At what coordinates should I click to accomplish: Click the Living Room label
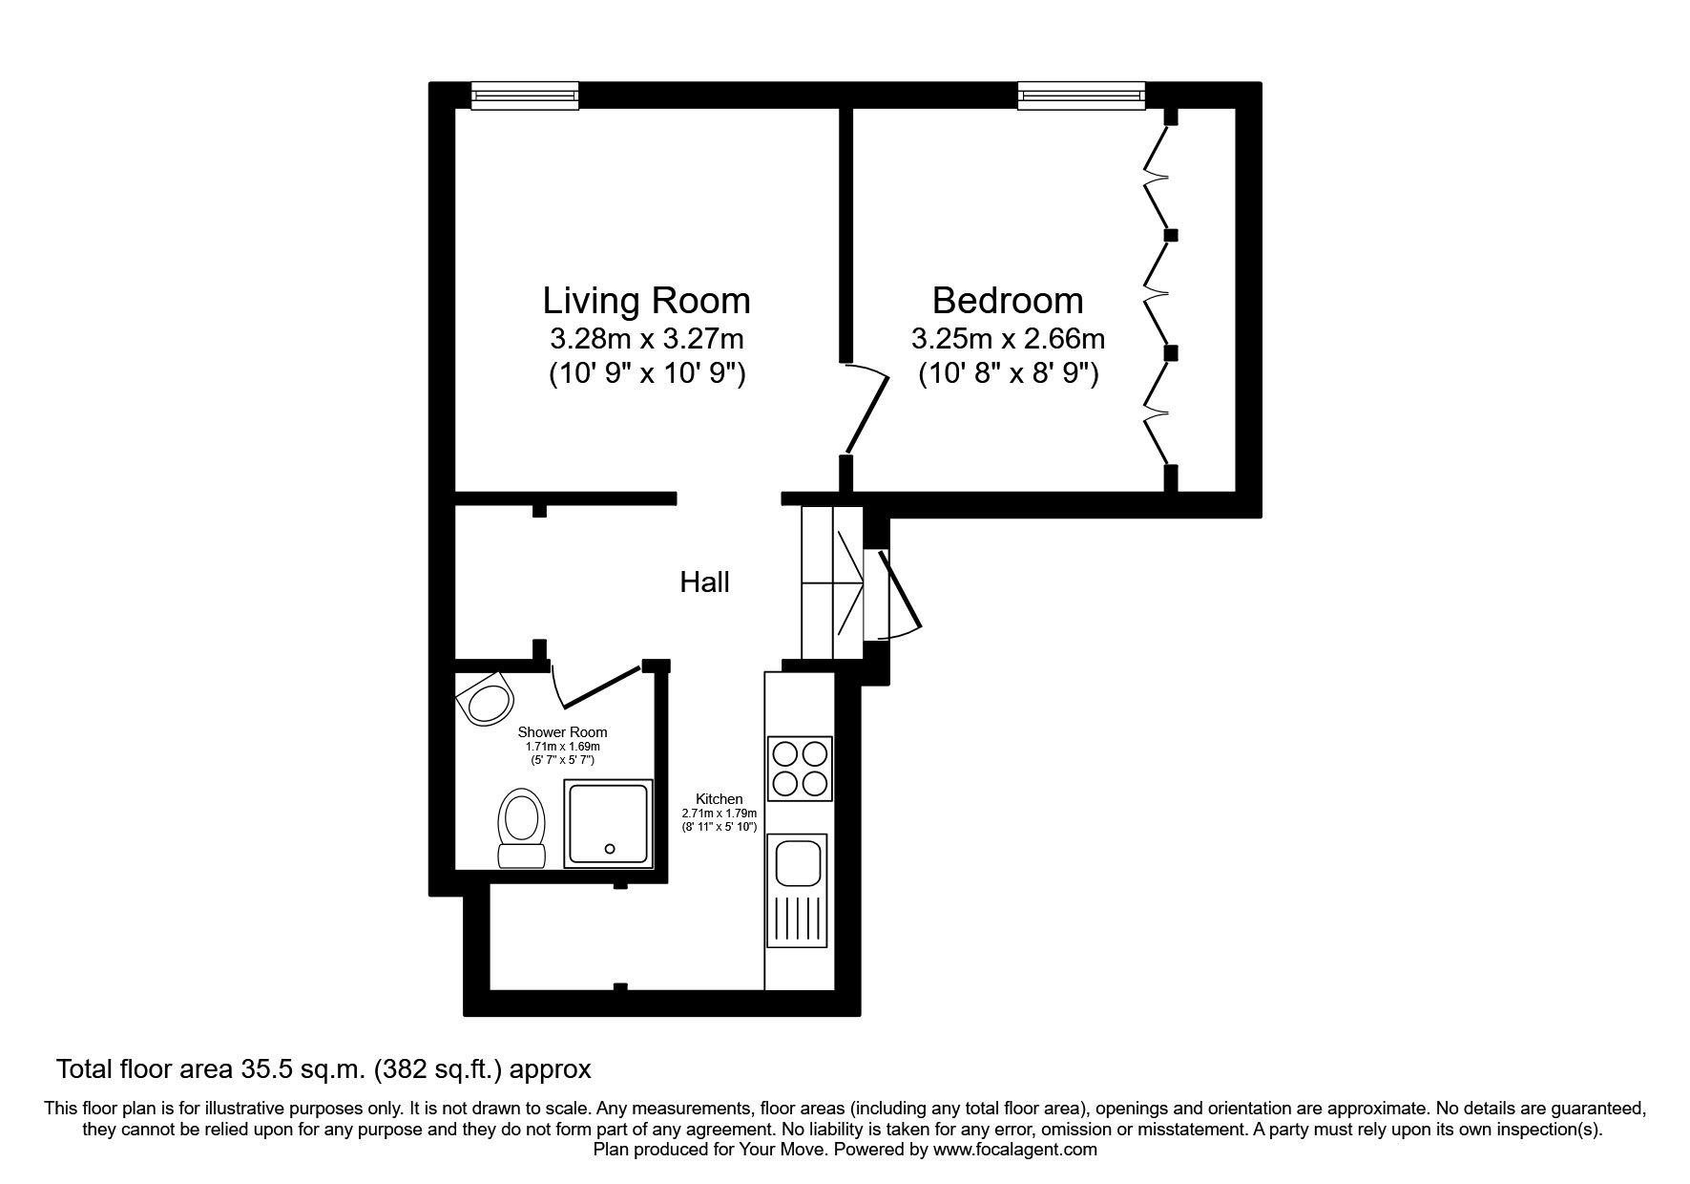pos(646,301)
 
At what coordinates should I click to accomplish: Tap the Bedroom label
pos(1007,301)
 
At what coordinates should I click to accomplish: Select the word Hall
pos(704,581)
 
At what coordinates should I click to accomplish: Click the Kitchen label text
pos(719,799)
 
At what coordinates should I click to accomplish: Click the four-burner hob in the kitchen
pos(800,769)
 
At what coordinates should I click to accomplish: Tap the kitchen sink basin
pos(799,862)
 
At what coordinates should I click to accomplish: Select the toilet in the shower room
pos(521,828)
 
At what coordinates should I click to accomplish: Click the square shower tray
pos(609,824)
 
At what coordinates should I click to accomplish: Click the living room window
pos(525,95)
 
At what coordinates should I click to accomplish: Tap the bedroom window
pos(1080,95)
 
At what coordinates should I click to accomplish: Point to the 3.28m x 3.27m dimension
pos(646,339)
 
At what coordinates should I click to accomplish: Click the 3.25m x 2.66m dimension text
pos(1008,339)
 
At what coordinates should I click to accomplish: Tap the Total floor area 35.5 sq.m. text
pos(324,1068)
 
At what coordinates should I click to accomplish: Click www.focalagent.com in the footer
pos(1014,1150)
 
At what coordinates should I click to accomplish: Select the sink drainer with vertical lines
pos(799,921)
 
